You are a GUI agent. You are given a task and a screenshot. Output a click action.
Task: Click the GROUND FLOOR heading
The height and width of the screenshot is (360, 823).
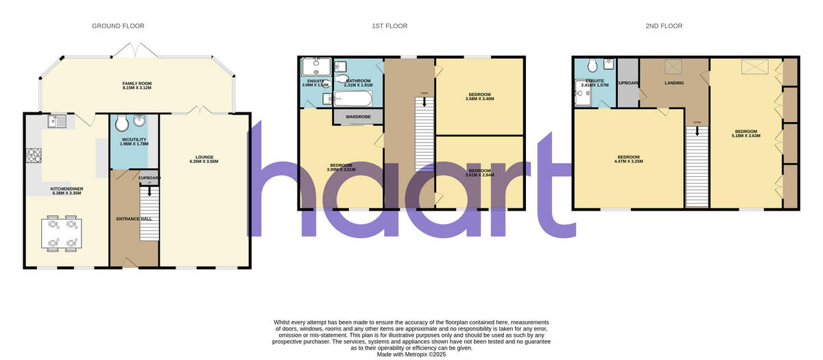pos(118,26)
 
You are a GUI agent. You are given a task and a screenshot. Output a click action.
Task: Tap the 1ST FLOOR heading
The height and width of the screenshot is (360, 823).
pos(390,26)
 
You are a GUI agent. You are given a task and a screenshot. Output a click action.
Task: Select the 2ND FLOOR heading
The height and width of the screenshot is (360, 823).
pos(664,26)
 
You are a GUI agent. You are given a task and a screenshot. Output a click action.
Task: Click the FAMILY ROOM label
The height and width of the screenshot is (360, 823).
pos(136,84)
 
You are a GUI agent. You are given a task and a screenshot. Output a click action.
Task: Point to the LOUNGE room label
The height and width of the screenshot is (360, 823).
pos(203,159)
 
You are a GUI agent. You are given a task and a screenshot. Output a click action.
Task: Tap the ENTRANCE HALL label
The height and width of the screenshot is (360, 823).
pos(134,219)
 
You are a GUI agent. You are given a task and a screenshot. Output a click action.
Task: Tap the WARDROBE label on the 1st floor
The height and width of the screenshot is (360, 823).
pos(358,117)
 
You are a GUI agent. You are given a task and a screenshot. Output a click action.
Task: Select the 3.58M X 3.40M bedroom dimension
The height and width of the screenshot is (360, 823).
pos(479,99)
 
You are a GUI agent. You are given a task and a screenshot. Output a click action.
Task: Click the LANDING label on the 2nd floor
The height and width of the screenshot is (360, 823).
pos(674,83)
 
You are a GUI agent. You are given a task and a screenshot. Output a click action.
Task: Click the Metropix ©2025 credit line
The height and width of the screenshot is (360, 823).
pos(411,354)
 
